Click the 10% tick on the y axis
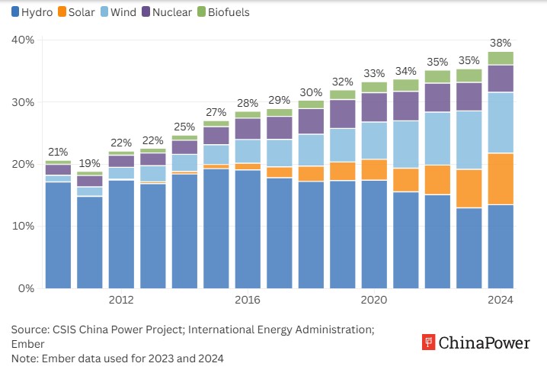click(x=23, y=226)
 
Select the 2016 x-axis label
click(x=248, y=300)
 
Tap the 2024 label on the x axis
click(x=501, y=300)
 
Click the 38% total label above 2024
click(x=501, y=43)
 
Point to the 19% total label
click(x=90, y=163)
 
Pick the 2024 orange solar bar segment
click(x=501, y=179)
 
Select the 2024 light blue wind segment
click(x=501, y=123)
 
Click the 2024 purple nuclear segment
click(x=501, y=79)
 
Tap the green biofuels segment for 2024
click(x=501, y=58)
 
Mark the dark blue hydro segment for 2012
click(x=122, y=234)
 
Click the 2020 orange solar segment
click(x=374, y=169)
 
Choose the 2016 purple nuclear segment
click(x=248, y=129)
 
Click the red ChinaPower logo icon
click(x=429, y=343)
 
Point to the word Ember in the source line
click(x=27, y=344)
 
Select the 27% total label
click(x=216, y=112)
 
